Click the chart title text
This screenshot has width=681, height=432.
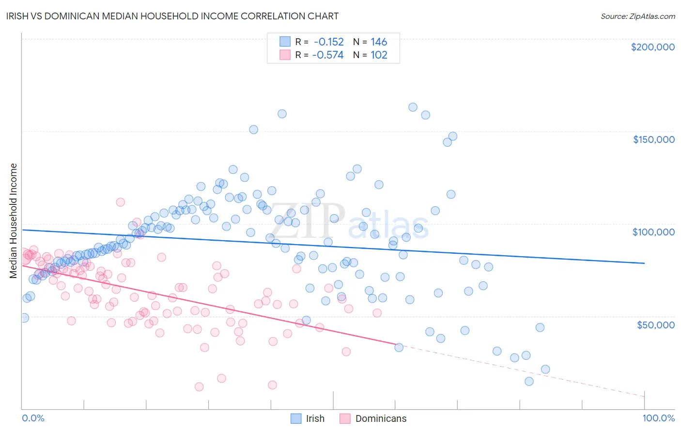[173, 16]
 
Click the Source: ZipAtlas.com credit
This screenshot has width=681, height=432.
[637, 16]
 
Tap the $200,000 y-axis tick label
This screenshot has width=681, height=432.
[652, 47]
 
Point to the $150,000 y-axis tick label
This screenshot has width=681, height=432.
[653, 139]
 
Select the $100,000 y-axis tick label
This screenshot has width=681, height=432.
[653, 232]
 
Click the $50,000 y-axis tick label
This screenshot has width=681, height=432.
[655, 324]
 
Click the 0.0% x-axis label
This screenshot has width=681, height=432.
[33, 418]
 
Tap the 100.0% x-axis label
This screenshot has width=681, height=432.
[658, 418]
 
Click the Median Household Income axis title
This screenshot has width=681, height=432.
[13, 221]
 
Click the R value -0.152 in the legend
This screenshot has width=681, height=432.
[328, 42]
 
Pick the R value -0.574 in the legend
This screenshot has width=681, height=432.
[328, 55]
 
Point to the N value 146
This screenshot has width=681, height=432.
[379, 42]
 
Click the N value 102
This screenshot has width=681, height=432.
[379, 55]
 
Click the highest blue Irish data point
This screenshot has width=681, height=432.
[413, 107]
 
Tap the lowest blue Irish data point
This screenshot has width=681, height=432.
[529, 381]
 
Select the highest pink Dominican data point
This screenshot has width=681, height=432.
[121, 202]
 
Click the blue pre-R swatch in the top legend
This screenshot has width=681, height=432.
[285, 42]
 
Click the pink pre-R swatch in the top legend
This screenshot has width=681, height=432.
[285, 55]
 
